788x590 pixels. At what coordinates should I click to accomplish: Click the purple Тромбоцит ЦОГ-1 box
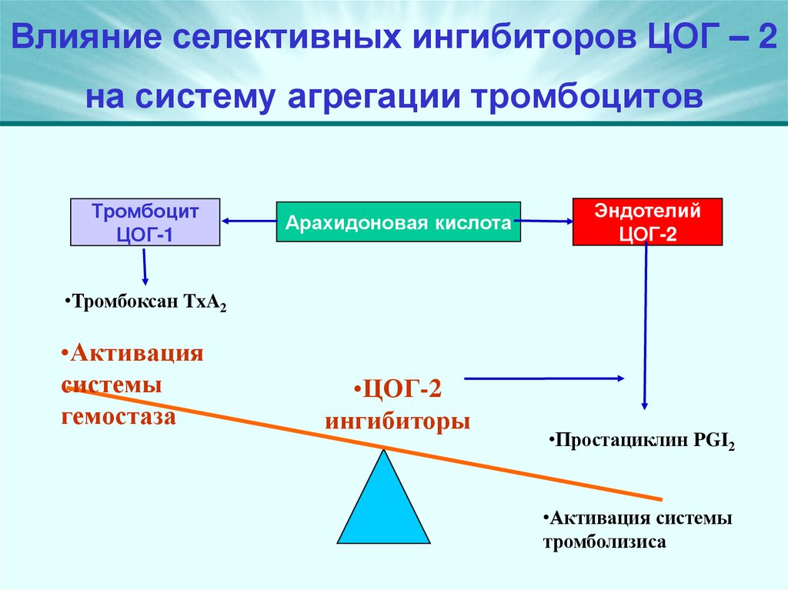tap(145, 222)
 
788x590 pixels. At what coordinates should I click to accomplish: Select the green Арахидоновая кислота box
tap(398, 223)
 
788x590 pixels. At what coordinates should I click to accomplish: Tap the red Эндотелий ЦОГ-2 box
tap(647, 222)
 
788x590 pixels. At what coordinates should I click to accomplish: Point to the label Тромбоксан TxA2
tap(145, 302)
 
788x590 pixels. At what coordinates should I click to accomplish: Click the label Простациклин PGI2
tap(642, 442)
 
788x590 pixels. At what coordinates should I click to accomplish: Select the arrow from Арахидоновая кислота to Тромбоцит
tap(248, 222)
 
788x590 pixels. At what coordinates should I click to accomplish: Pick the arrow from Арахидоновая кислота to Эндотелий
tap(545, 222)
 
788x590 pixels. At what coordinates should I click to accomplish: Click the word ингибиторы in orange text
tap(397, 422)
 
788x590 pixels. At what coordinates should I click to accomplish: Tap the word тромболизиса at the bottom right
tap(604, 542)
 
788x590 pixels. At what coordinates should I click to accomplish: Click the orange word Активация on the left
tap(136, 355)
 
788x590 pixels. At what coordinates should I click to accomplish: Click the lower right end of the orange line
tap(659, 498)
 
